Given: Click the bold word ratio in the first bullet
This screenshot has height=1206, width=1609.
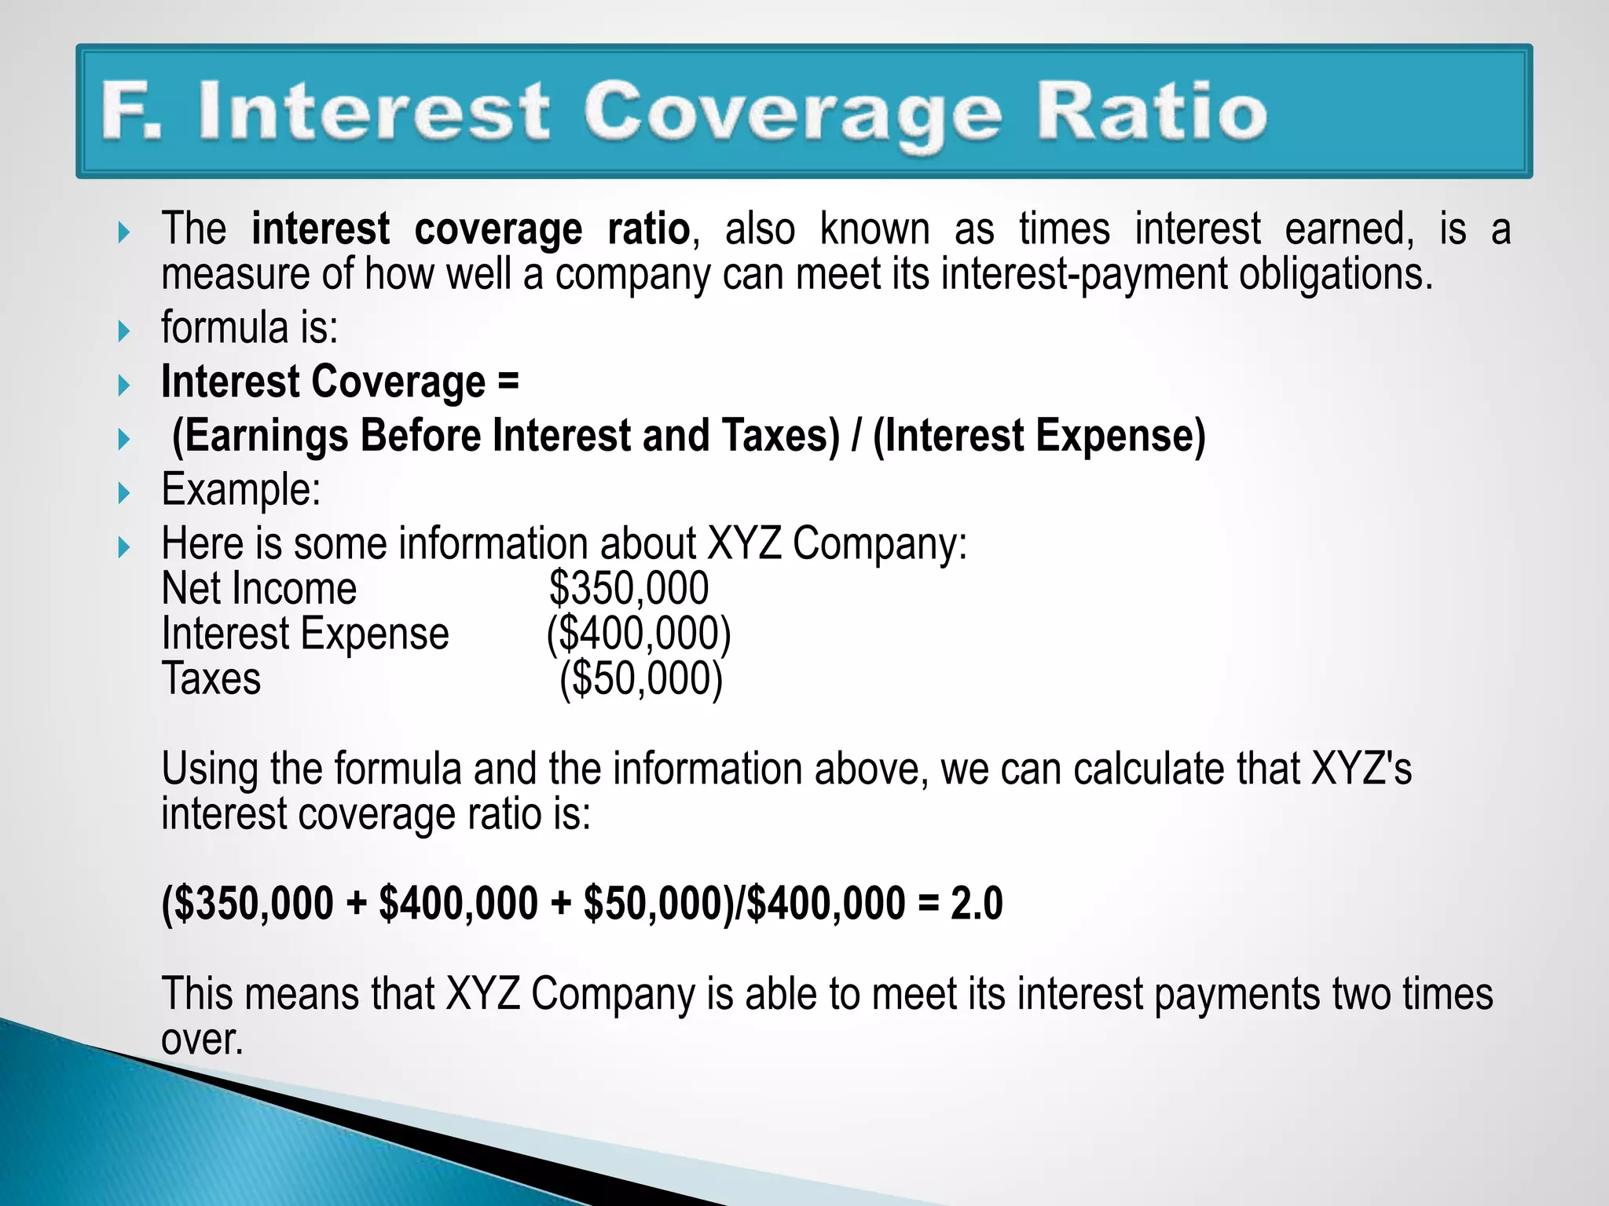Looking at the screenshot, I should pos(649,229).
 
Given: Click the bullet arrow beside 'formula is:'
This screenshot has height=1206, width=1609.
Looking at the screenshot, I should pos(123,331).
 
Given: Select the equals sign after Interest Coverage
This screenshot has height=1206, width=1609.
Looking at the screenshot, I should pos(508,382).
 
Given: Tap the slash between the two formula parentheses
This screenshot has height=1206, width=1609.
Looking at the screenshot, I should pos(856,437).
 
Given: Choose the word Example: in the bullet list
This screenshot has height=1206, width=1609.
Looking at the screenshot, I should pos(241,490).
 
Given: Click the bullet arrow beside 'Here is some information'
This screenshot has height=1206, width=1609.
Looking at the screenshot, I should pos(123,546).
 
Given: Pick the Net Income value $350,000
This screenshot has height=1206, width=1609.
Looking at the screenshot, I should pos(629,589).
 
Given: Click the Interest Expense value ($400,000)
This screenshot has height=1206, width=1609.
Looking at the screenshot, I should pos(639,634).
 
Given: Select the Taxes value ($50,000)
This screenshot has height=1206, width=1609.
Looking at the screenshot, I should pos(641,679).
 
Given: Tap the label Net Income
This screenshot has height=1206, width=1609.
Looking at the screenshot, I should pos(258,589).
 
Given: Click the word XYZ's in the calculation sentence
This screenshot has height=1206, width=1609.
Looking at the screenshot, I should pos(1362,769).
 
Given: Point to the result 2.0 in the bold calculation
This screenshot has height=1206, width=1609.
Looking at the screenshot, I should pos(977,903).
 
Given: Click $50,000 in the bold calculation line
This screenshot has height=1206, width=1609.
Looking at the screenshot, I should pos(652,903).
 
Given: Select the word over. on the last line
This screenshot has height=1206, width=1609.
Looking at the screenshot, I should pos(202,1040).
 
